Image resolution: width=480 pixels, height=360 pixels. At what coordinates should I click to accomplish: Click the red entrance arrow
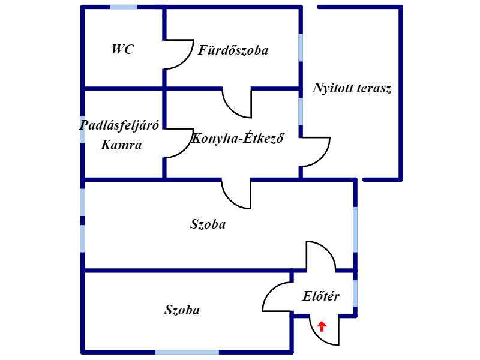[x=322, y=326]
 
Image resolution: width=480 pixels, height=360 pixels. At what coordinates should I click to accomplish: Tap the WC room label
[x=123, y=49]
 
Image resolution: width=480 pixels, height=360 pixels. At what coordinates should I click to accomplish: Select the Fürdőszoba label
[x=233, y=50]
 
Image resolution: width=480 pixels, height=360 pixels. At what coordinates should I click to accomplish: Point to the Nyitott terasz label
[x=352, y=88]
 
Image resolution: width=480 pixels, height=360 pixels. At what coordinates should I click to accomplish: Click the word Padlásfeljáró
[x=119, y=125]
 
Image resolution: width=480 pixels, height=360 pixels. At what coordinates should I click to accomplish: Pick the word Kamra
[x=121, y=145]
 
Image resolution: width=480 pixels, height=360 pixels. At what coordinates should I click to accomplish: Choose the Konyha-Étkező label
[x=238, y=139]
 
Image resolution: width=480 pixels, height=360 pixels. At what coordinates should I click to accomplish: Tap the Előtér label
[x=321, y=296]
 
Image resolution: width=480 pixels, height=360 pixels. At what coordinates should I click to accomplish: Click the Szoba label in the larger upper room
[x=208, y=224]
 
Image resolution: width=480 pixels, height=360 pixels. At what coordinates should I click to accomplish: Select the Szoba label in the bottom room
[x=182, y=310]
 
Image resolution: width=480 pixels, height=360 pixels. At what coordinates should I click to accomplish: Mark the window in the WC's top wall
[x=124, y=7]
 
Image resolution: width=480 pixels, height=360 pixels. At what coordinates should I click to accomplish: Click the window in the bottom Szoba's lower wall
[x=187, y=352]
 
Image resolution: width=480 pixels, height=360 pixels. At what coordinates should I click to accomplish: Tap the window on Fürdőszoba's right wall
[x=301, y=48]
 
